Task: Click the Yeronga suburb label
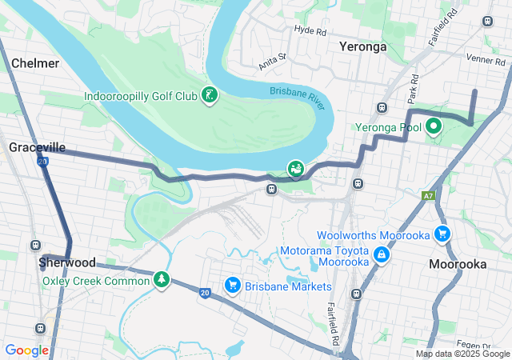362,46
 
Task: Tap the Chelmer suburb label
35,62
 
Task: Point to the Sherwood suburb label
67,262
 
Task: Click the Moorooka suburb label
456,263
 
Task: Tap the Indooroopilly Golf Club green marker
209,96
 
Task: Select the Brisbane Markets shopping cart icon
233,286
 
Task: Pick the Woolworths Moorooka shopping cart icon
442,234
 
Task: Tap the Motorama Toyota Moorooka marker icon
382,255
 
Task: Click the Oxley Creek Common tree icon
162,280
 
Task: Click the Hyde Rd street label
310,31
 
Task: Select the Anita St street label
271,62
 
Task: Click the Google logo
27,350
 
